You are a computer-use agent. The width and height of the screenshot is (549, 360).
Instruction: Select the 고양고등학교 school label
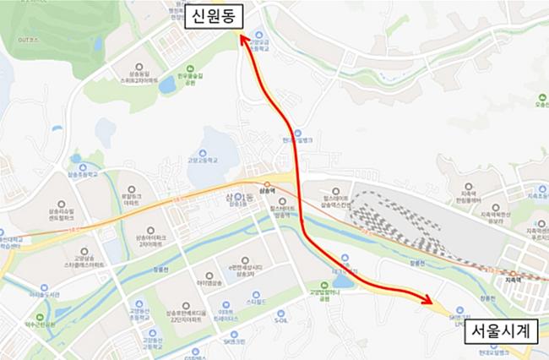(x=203, y=158)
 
